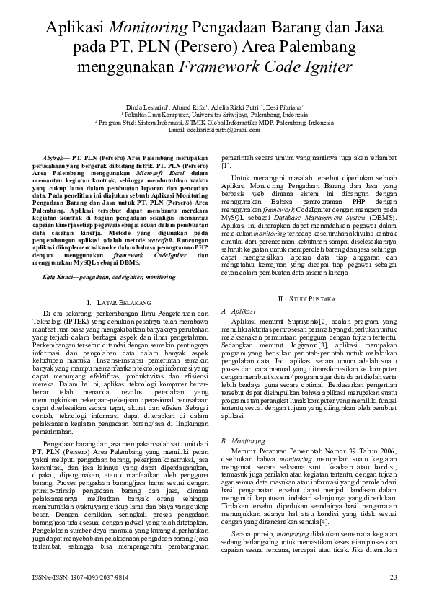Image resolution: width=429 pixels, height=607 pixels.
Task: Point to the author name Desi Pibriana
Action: click(283, 106)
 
